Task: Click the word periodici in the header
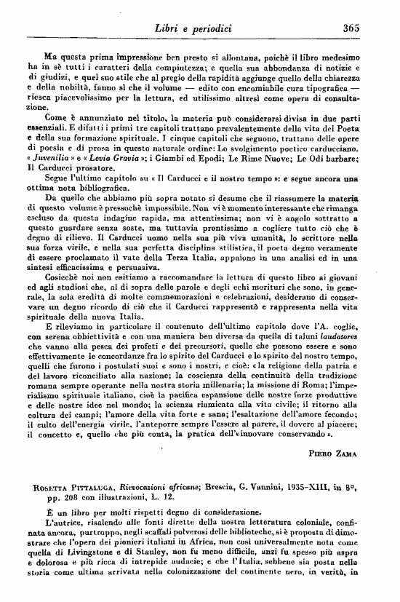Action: pyautogui.click(x=211, y=28)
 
